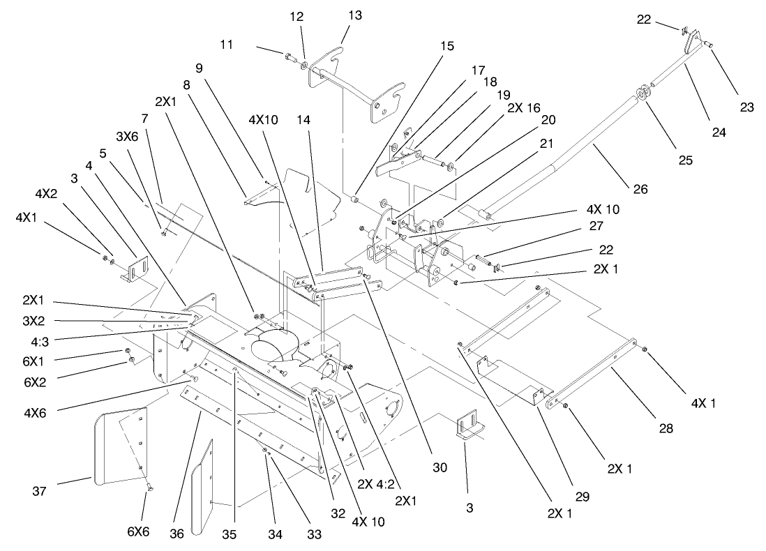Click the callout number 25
tap(685, 160)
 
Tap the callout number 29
tap(582, 497)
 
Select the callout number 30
tap(440, 469)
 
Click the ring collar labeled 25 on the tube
tap(643, 94)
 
